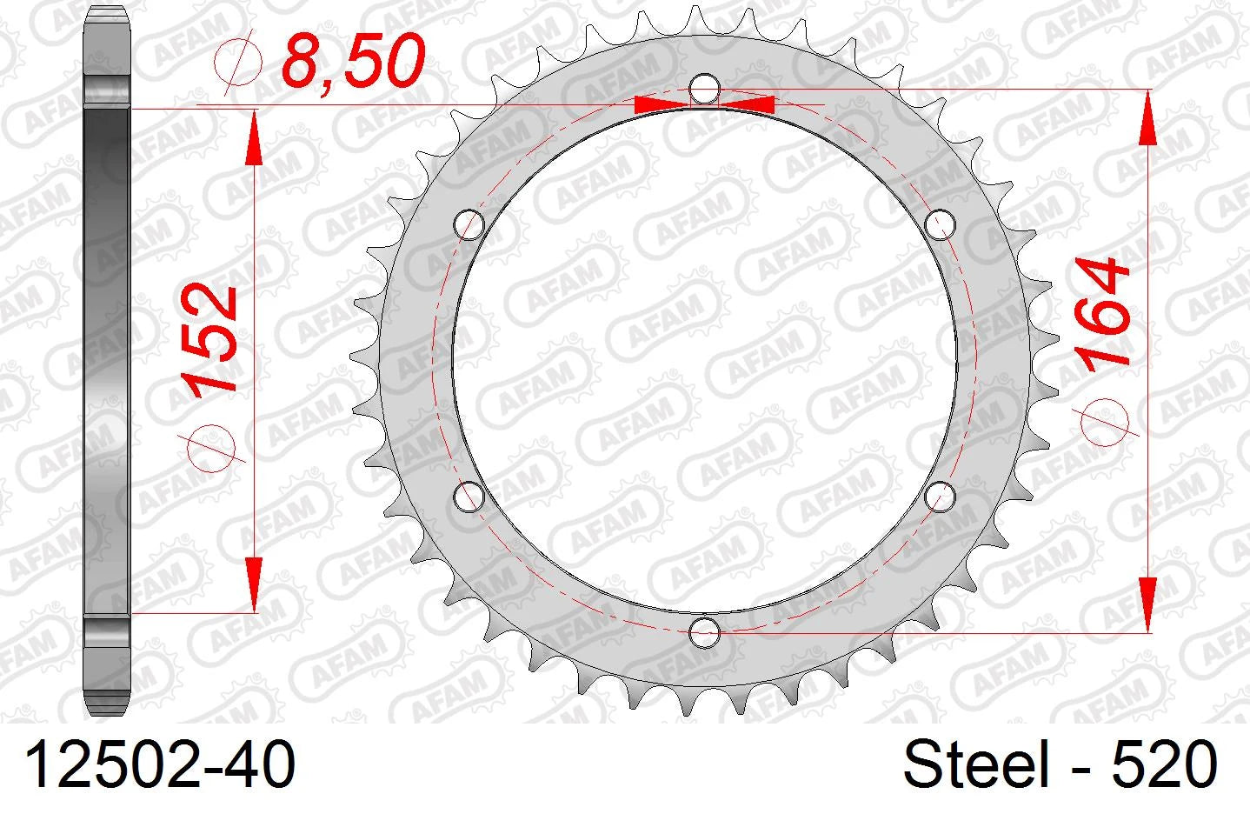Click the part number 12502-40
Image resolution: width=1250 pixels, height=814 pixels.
160,764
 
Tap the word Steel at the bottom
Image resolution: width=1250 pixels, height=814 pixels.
976,764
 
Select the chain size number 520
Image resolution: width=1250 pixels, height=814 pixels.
1164,764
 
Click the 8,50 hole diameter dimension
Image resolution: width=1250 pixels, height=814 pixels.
354,60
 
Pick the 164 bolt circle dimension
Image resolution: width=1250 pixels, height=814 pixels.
1103,311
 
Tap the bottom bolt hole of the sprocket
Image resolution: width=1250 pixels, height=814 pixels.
704,632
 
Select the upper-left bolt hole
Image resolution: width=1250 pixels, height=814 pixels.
469,225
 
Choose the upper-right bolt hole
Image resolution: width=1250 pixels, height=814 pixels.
940,225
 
